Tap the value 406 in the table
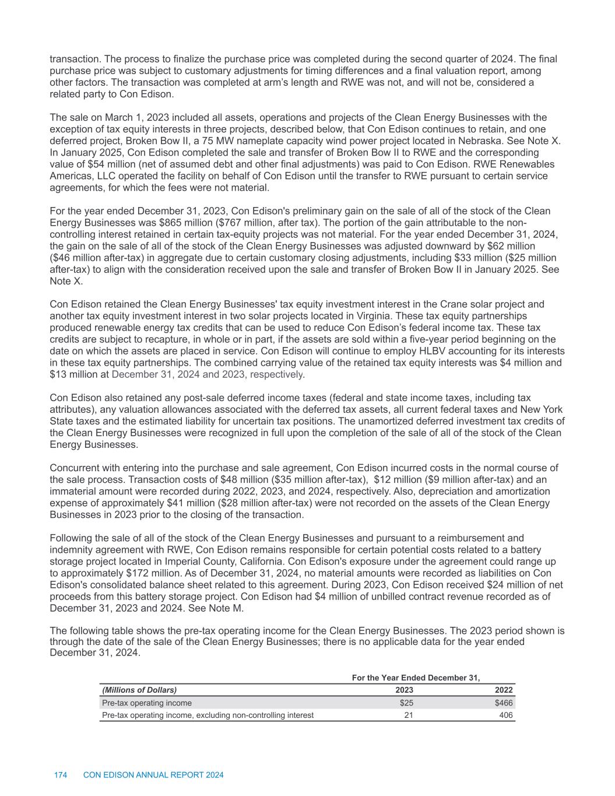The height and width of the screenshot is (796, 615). click(506, 715)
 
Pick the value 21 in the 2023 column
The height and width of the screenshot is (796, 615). click(409, 715)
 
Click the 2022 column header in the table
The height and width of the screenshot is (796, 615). click(504, 690)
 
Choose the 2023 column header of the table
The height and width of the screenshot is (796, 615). click(405, 690)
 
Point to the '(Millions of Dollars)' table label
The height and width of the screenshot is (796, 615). click(139, 690)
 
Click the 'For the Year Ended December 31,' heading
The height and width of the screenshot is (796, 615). click(416, 678)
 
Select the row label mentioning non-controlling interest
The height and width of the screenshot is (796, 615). click(208, 715)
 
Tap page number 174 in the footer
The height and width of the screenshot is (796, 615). click(61, 775)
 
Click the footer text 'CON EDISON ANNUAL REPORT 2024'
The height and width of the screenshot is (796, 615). click(154, 775)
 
